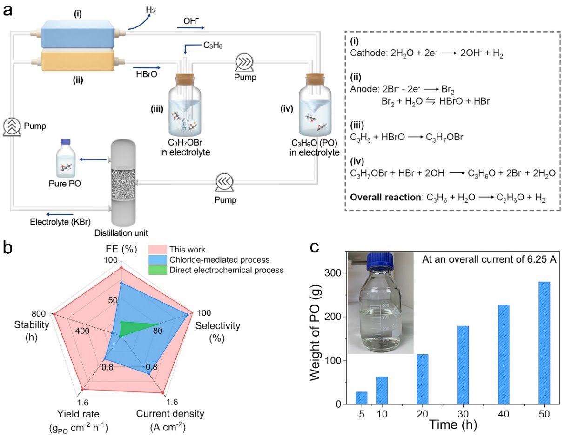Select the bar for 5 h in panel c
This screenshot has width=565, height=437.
362,398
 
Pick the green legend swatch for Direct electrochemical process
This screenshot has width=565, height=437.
157,270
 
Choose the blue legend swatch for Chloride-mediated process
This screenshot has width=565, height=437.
157,259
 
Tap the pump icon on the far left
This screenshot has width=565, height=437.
13,126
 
